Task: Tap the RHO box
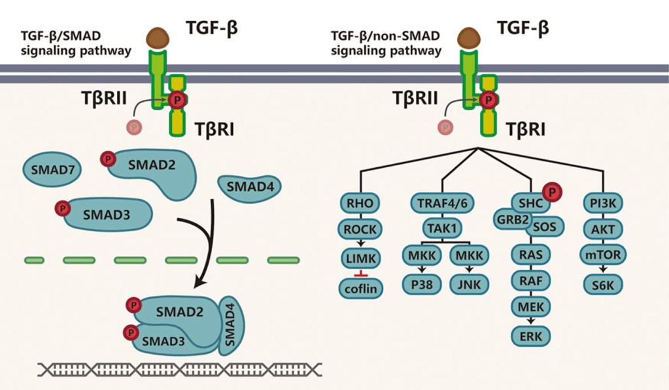[x=360, y=203]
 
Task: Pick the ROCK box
[x=360, y=229]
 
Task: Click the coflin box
[x=360, y=288]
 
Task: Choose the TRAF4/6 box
[x=442, y=203]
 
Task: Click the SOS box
[x=544, y=226]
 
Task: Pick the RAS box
[x=531, y=253]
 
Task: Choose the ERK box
[x=531, y=336]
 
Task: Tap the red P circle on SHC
[x=553, y=193]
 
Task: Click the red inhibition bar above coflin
[x=360, y=274]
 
